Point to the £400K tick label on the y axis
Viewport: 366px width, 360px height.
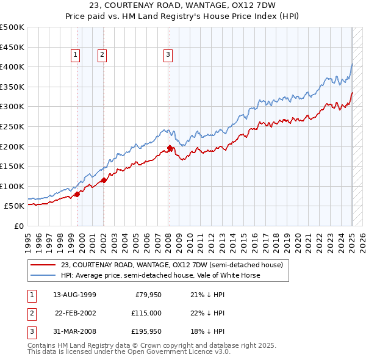[x=12, y=67]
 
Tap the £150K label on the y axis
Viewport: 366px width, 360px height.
[x=12, y=166]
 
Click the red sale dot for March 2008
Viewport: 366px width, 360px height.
[x=170, y=148]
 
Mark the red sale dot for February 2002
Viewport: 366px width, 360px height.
[x=104, y=180]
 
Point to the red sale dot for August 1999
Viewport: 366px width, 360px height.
[x=77, y=194]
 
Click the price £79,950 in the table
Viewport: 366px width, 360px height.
[x=147, y=295]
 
